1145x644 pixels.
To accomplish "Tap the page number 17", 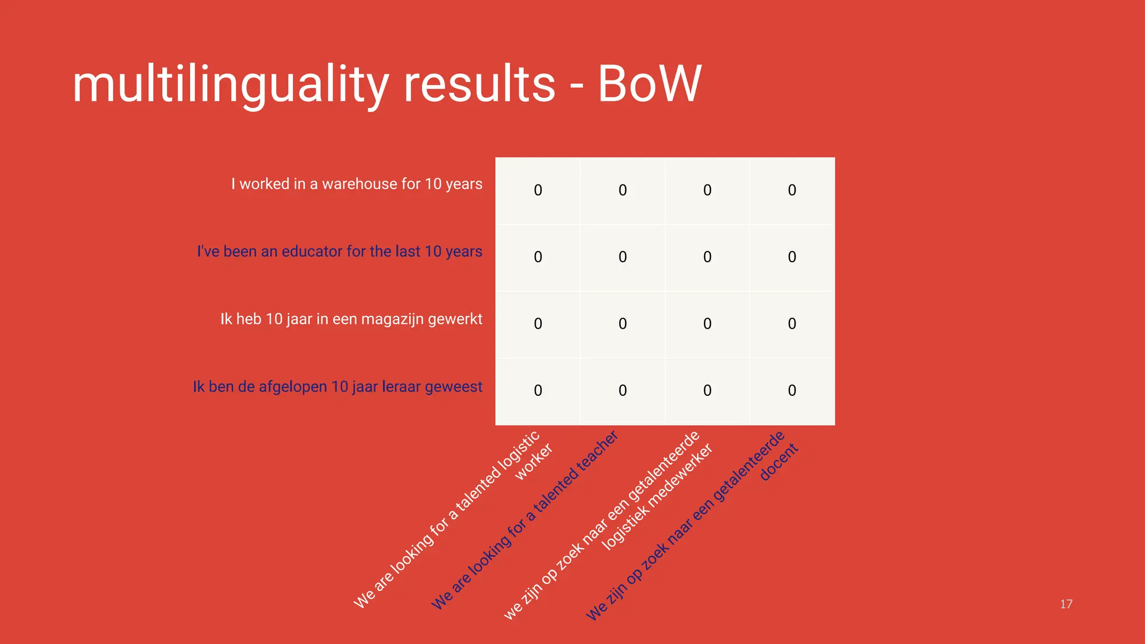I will point(1066,604).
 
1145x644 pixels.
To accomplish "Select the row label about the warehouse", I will point(357,184).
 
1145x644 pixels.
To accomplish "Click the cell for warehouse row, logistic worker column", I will point(538,191).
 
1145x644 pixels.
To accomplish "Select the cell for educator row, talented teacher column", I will point(623,257).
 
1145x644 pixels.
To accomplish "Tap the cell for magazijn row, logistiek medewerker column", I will point(707,324).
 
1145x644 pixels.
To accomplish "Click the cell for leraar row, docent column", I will point(792,390).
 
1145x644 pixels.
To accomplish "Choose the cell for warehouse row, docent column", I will point(792,191).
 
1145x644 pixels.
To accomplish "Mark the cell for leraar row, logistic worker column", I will point(538,390).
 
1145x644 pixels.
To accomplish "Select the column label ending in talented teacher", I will point(526,520).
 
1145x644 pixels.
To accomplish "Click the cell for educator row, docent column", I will point(792,257).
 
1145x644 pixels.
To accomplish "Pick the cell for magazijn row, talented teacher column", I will point(623,324).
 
